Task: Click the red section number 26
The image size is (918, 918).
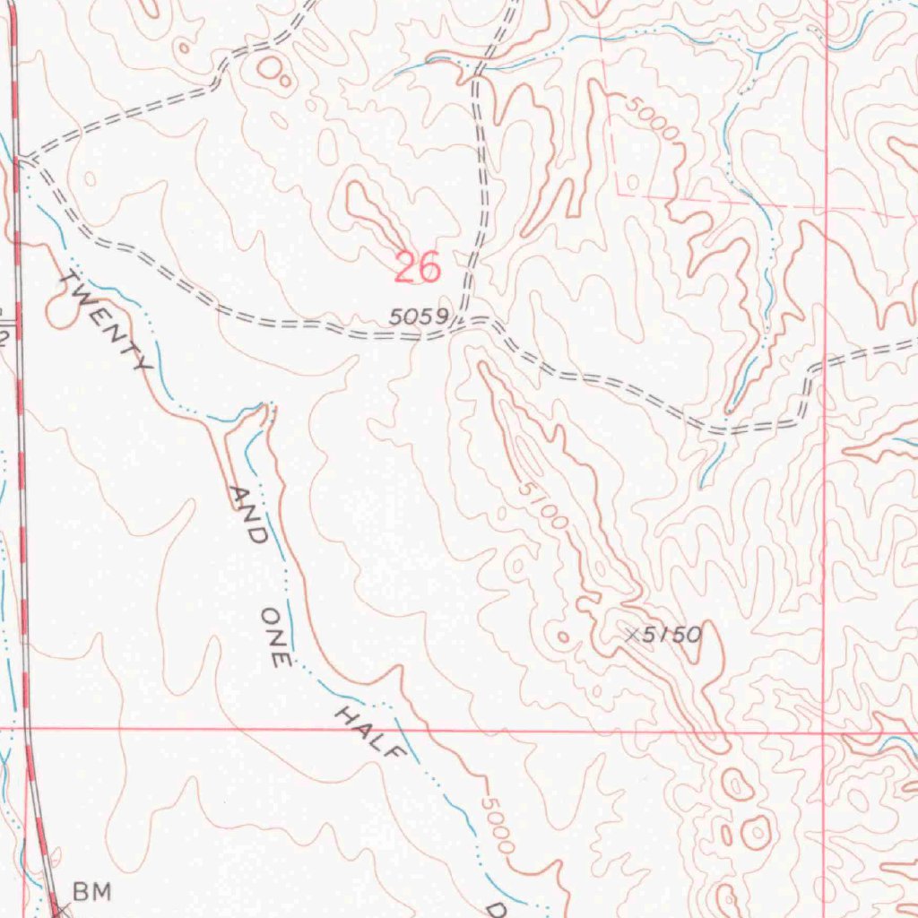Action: tap(418, 267)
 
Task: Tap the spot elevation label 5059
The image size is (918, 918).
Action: tap(418, 316)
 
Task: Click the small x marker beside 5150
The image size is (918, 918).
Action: tap(633, 635)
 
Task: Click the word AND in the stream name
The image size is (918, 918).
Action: tap(246, 515)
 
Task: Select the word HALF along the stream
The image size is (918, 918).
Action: tap(366, 731)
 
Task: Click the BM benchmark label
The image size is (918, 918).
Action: tap(92, 891)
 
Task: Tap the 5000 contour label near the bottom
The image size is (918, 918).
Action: tap(497, 825)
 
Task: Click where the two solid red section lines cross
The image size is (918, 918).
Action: tap(824, 732)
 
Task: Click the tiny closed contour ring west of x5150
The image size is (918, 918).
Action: tap(563, 637)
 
